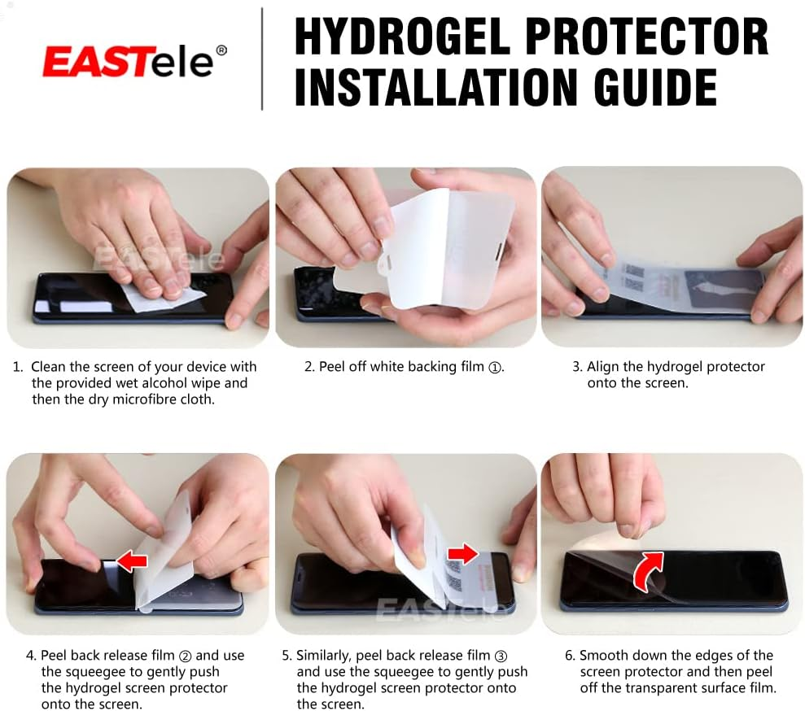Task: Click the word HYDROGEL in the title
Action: point(401,37)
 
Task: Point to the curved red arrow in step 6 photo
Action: point(647,569)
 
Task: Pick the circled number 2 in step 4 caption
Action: point(185,656)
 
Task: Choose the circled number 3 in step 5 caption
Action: point(501,656)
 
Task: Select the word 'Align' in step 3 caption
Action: point(603,367)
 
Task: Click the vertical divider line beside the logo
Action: point(262,59)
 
